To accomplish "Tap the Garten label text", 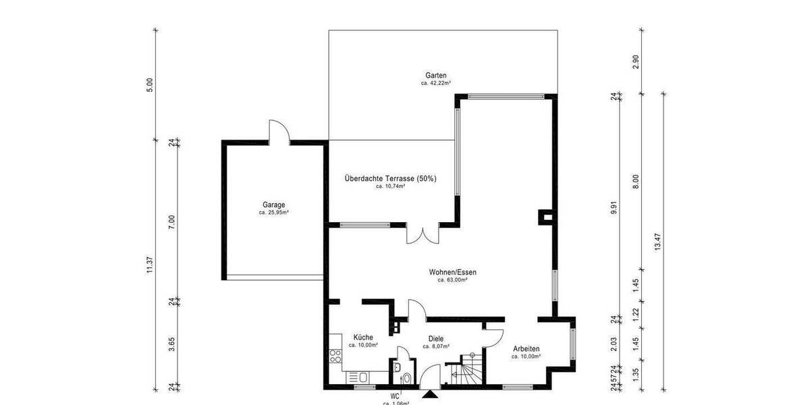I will [x=436, y=76].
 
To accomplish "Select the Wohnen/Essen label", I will [x=452, y=272].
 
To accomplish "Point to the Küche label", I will [x=362, y=337].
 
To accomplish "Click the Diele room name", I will [x=435, y=339].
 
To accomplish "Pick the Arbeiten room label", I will [x=526, y=349].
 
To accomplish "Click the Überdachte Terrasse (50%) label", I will [x=390, y=179].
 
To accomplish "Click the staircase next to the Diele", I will [x=466, y=371].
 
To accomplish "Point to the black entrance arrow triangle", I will [x=429, y=394].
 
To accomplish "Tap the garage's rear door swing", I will [x=278, y=131].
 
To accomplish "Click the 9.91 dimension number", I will [x=614, y=207].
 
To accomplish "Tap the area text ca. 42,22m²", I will [x=436, y=84].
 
